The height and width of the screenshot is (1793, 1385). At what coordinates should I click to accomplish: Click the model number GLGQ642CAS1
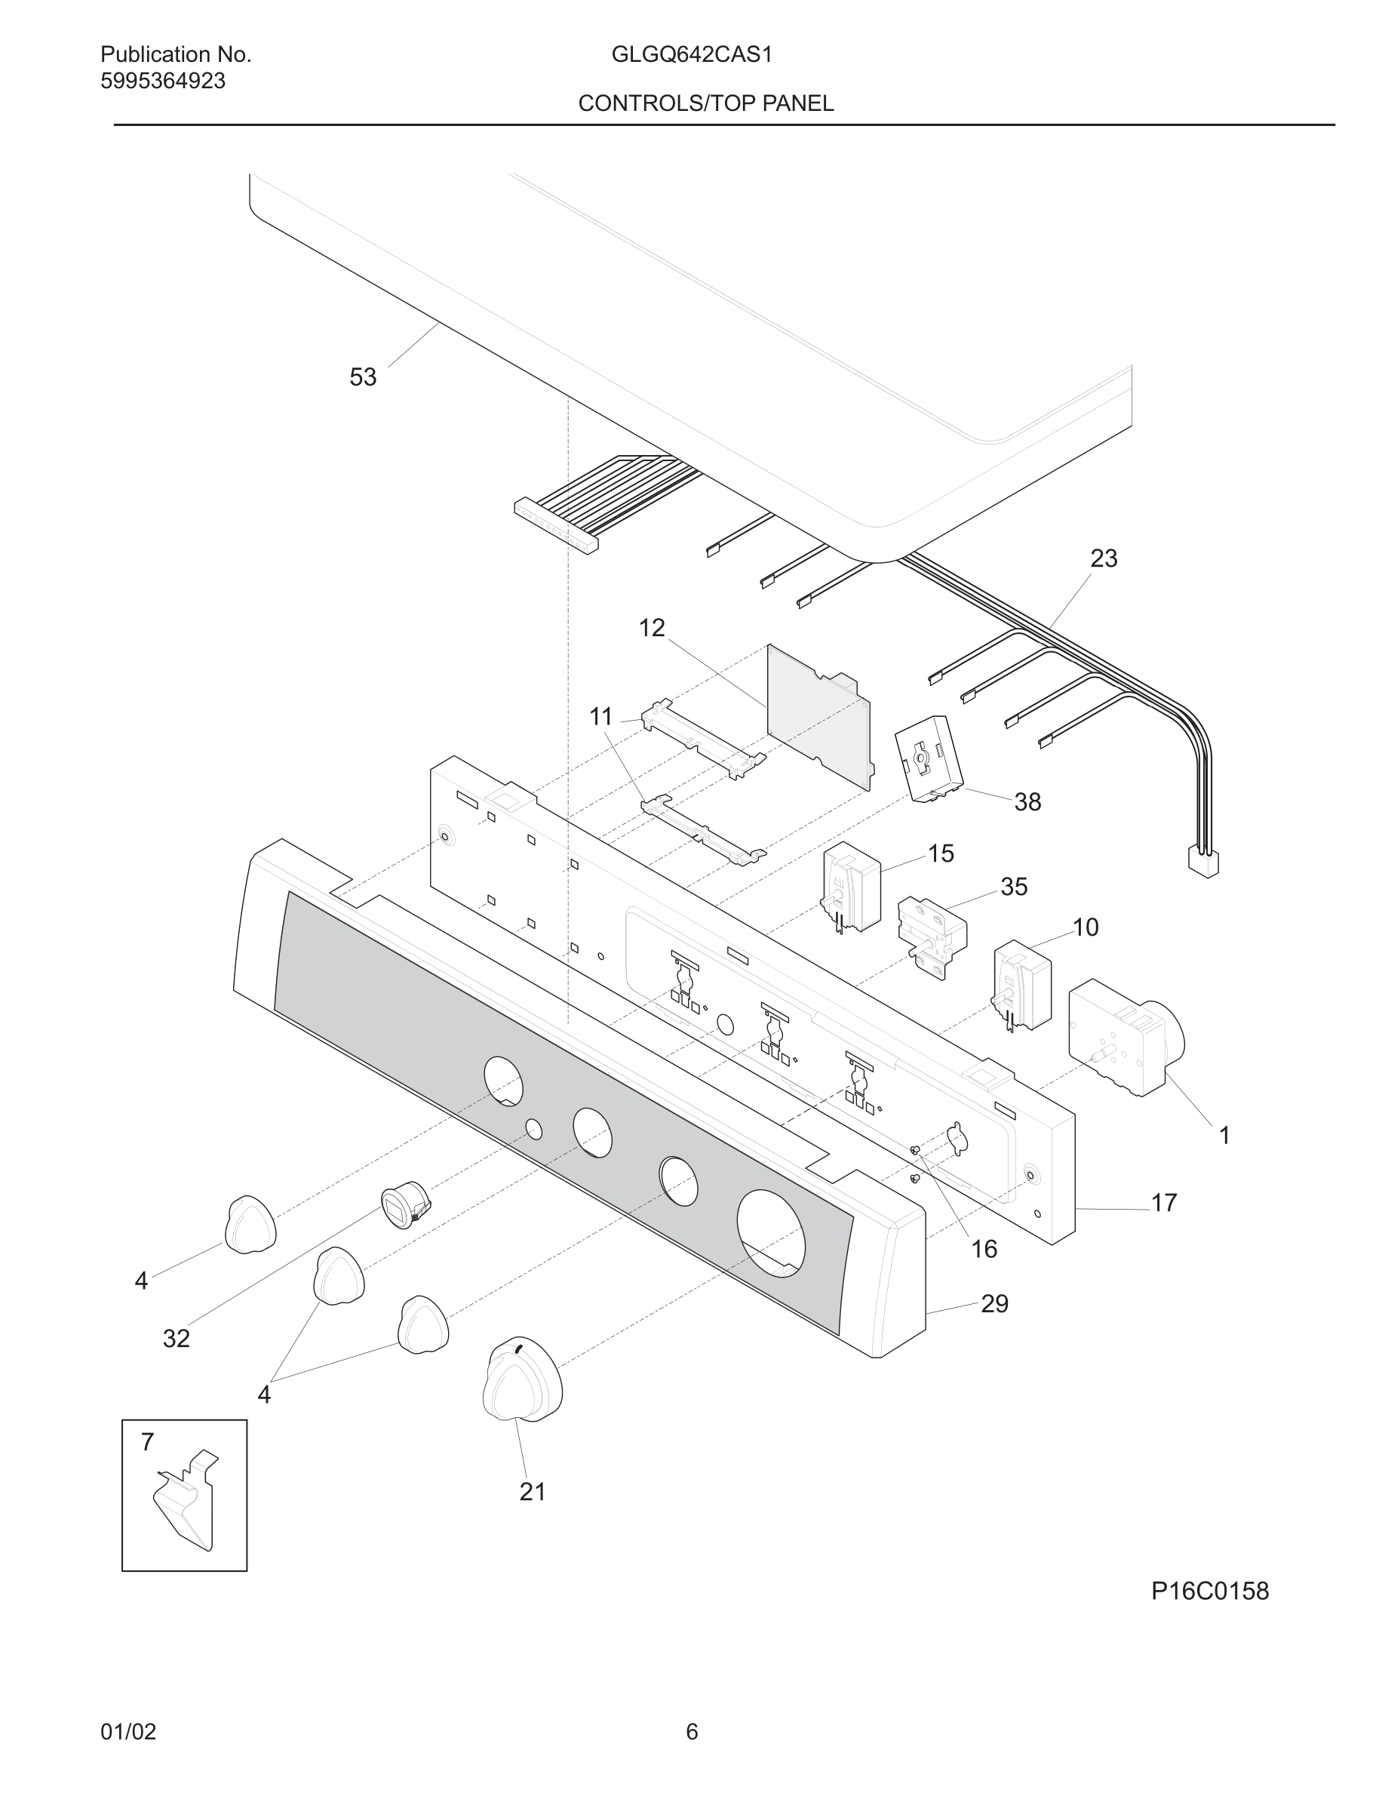pyautogui.click(x=691, y=55)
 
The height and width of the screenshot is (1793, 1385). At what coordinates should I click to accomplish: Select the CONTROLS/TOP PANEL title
pyautogui.click(x=705, y=103)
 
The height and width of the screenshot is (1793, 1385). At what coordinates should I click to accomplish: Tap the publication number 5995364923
pyautogui.click(x=162, y=81)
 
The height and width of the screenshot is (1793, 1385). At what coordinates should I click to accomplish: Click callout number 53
pyautogui.click(x=363, y=377)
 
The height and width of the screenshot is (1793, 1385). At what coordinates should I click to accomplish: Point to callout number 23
pyautogui.click(x=1103, y=558)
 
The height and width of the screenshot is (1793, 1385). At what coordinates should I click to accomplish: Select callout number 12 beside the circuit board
pyautogui.click(x=652, y=628)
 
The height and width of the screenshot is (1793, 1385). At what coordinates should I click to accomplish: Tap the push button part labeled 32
pyautogui.click(x=404, y=1206)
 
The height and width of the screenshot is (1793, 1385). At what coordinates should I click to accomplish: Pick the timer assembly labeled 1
pyautogui.click(x=1125, y=1037)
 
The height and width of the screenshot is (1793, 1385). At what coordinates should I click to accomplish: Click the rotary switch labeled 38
pyautogui.click(x=929, y=758)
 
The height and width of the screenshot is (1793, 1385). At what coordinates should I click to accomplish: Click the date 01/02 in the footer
pyautogui.click(x=128, y=1731)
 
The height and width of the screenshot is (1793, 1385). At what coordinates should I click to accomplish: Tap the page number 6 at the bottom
pyautogui.click(x=692, y=1731)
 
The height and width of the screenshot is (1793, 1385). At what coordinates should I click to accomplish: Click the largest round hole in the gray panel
pyautogui.click(x=770, y=1233)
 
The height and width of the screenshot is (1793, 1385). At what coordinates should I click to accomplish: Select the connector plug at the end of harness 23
pyautogui.click(x=1203, y=863)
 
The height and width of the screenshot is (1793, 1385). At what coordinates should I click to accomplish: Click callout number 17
pyautogui.click(x=1163, y=1203)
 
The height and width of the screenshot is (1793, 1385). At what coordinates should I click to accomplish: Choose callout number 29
pyautogui.click(x=994, y=1304)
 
